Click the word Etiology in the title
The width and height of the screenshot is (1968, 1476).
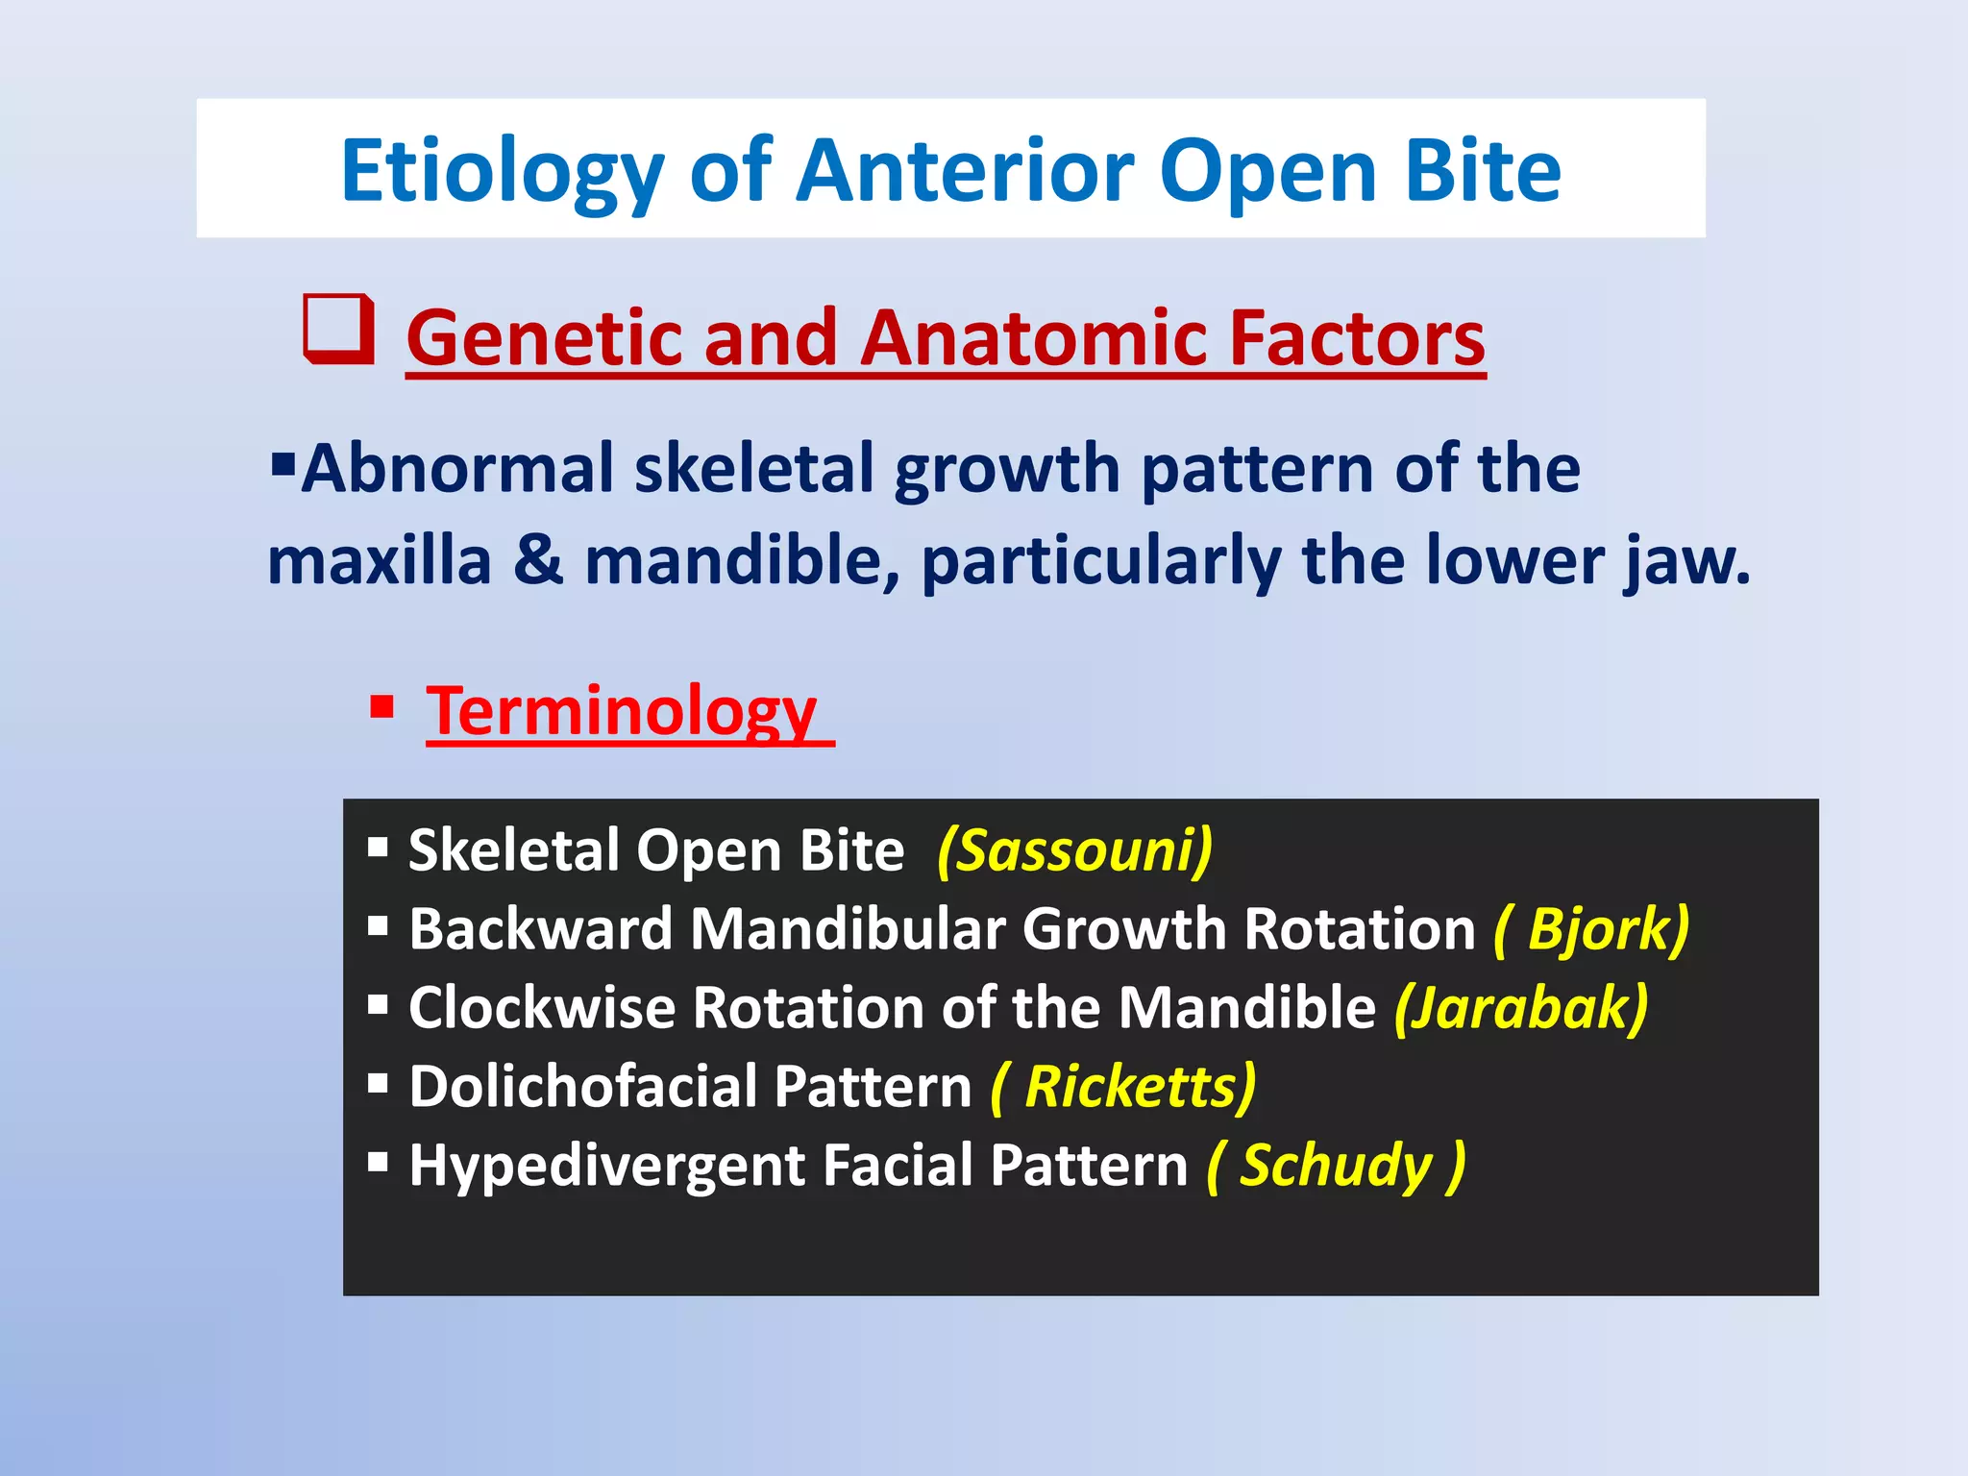coord(502,173)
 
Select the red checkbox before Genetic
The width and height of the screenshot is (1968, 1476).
coord(338,329)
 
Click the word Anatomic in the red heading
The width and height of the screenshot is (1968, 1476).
coord(1029,338)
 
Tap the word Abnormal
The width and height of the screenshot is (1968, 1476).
coord(456,469)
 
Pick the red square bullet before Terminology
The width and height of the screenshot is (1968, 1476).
coord(381,708)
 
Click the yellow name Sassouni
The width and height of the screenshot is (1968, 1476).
coord(1074,850)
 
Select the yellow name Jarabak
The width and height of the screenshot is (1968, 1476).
coord(1521,1008)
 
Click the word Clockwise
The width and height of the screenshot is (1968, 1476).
coord(541,1008)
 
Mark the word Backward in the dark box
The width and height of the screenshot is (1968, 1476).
coord(540,929)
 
